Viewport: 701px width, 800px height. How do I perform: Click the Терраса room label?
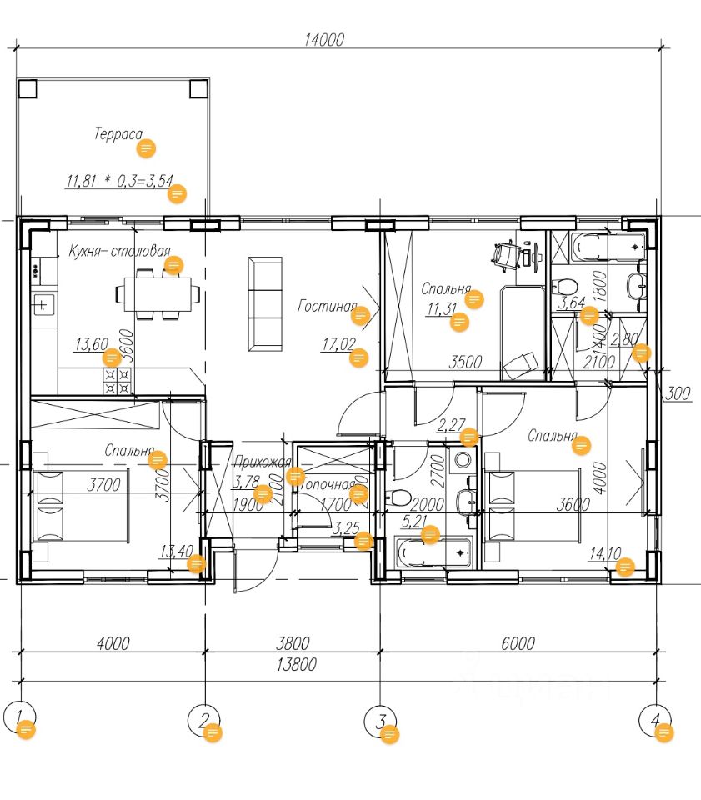pos(118,133)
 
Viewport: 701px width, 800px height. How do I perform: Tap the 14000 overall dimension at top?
pos(325,39)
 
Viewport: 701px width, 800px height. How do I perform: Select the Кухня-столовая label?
pos(119,251)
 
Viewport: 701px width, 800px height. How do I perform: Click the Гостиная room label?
pos(327,306)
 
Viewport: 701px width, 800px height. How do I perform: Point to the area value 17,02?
pos(337,343)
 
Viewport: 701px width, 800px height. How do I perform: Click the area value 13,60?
pos(91,343)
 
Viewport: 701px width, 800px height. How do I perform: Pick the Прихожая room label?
pos(262,462)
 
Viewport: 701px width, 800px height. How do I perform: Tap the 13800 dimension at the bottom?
pos(302,665)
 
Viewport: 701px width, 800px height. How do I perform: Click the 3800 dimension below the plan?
pos(293,643)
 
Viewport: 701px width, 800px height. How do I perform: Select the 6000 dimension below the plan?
pos(517,643)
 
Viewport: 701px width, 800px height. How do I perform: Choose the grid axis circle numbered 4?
pos(655,719)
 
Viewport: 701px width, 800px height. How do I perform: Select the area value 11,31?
pos(441,310)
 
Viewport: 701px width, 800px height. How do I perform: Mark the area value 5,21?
pos(414,522)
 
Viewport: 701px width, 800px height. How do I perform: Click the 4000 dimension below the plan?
pos(113,643)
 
